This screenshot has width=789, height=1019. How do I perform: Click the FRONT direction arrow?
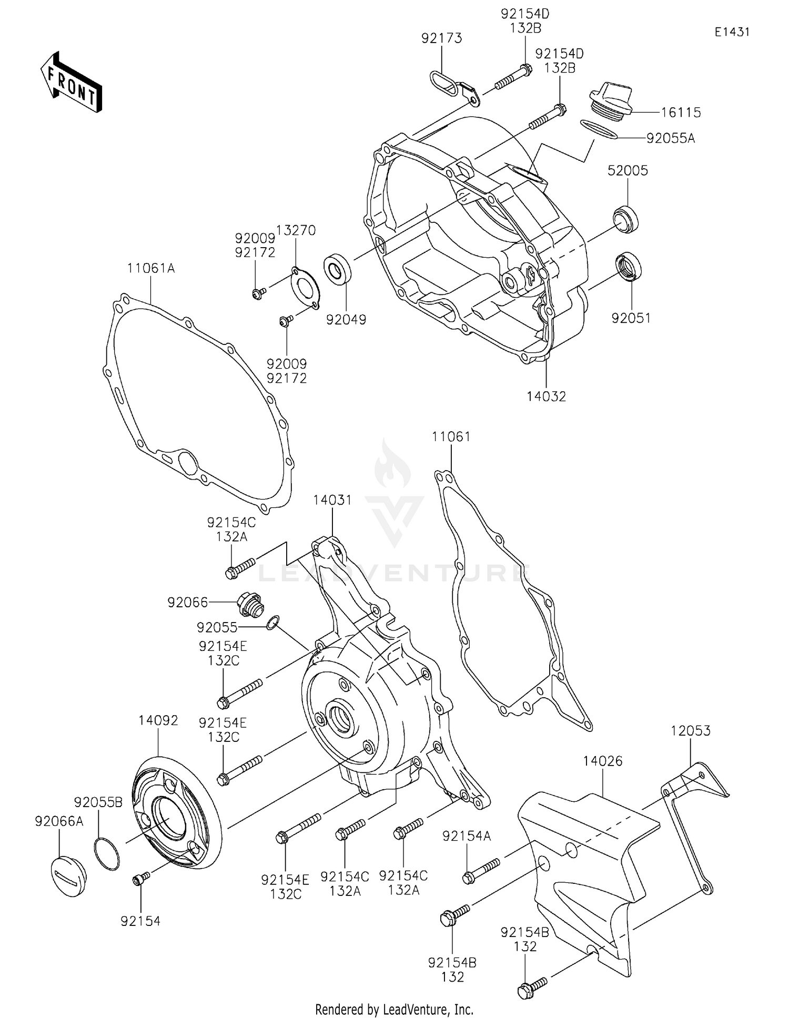click(72, 83)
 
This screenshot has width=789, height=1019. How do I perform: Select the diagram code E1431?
click(732, 32)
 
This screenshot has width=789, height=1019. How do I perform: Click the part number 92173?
click(441, 38)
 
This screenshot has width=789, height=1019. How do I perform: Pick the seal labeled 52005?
click(626, 219)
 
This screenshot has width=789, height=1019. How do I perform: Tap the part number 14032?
click(546, 396)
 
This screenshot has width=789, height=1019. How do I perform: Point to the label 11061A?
click(150, 268)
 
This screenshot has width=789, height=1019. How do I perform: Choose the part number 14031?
click(332, 500)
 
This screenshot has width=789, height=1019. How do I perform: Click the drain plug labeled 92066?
click(250, 605)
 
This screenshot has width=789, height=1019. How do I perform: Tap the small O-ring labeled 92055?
click(272, 623)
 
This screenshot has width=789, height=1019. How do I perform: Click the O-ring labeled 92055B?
click(107, 854)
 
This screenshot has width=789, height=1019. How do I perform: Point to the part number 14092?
click(158, 720)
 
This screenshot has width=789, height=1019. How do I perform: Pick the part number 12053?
click(690, 730)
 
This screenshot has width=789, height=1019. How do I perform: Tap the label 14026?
click(602, 761)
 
